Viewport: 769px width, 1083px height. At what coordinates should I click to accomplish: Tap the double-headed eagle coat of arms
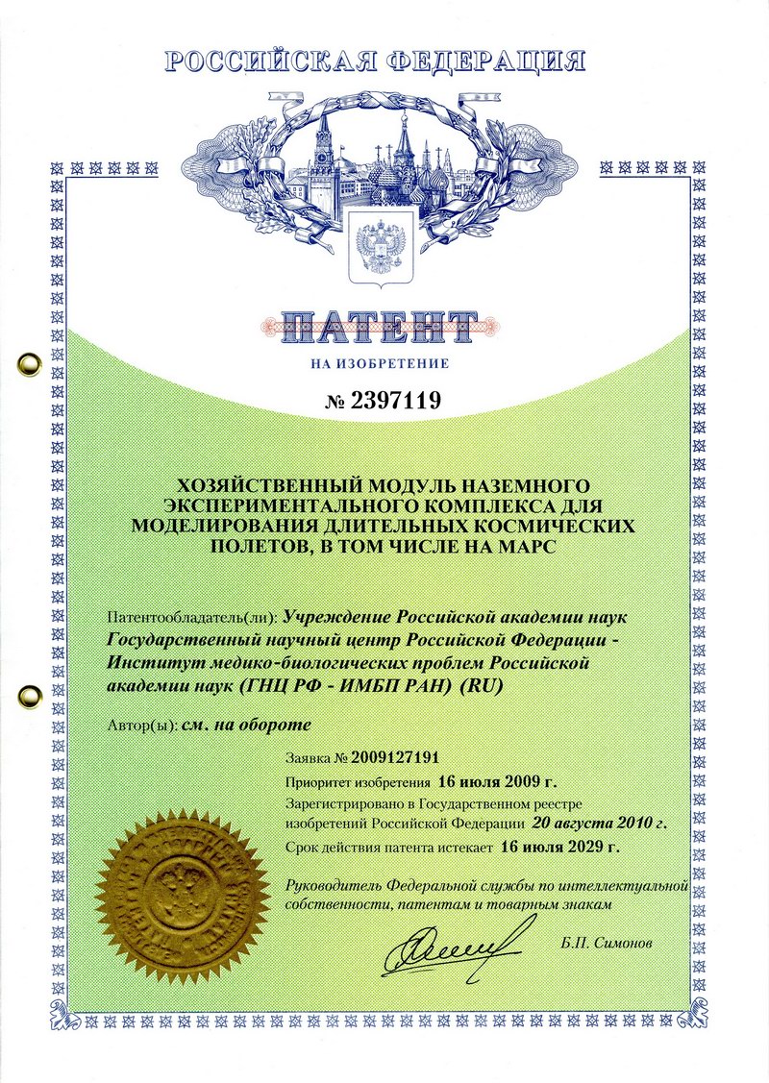384,245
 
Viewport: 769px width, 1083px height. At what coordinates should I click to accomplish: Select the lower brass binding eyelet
26,693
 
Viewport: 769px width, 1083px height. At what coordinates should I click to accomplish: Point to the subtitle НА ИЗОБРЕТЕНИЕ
381,364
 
